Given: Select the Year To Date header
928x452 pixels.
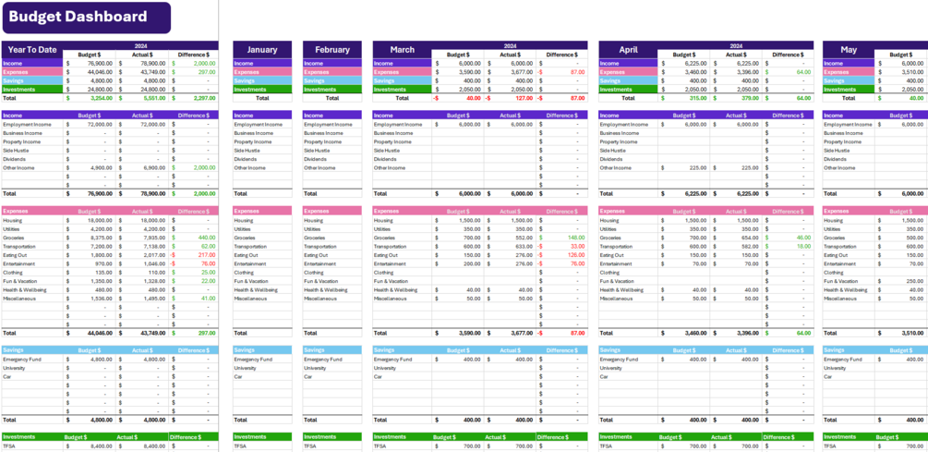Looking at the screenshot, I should pyautogui.click(x=31, y=50).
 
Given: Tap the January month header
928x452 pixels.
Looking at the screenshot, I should pyautogui.click(x=262, y=50).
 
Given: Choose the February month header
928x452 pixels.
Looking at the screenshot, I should pyautogui.click(x=332, y=50).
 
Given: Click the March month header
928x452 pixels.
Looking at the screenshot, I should pyautogui.click(x=403, y=50).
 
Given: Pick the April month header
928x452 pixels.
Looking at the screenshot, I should pyautogui.click(x=628, y=50).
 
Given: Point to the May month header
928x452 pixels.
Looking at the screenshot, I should pyautogui.click(x=849, y=50).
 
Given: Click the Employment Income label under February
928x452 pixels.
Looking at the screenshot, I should pyautogui.click(x=328, y=125).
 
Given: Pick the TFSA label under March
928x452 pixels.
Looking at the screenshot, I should pyautogui.click(x=380, y=446).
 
